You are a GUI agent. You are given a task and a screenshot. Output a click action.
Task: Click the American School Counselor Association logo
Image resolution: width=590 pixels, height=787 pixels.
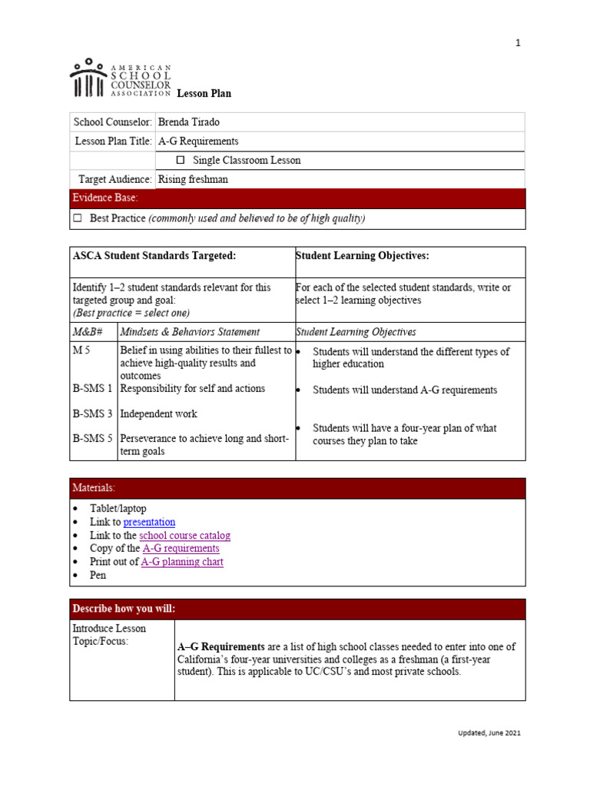120,78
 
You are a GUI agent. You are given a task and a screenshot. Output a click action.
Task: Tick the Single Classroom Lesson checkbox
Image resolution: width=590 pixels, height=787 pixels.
181,161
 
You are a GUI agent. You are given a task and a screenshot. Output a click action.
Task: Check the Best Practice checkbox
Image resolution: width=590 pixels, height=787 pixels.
77,218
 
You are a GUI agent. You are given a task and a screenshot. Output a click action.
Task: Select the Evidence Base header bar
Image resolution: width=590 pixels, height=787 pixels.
297,198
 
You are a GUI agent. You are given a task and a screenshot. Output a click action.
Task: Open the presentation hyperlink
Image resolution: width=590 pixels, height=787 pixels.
149,522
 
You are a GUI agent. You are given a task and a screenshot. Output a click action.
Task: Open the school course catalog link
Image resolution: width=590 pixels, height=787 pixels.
184,535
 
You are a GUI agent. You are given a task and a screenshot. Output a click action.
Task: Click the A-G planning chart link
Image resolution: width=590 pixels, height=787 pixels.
182,562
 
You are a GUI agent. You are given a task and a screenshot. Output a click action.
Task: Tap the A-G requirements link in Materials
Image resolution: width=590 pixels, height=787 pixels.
181,549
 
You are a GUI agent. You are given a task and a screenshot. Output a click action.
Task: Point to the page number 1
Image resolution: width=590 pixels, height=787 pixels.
518,43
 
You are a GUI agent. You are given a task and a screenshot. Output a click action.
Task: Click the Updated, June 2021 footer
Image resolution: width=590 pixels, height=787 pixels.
485,733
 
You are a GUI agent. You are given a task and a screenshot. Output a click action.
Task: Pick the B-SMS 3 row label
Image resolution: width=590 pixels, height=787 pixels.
92,413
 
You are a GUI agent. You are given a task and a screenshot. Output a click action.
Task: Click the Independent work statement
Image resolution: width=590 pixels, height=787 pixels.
158,413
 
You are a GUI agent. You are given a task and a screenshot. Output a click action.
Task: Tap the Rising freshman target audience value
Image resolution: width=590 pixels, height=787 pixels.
193,180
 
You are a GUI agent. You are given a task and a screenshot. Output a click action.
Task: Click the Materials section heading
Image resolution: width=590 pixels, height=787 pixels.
94,489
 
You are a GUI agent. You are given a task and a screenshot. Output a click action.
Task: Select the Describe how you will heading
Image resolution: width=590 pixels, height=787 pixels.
124,609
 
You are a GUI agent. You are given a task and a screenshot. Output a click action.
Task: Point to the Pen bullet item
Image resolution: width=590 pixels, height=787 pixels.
98,575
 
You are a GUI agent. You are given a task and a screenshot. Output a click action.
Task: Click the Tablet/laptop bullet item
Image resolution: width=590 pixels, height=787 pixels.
118,509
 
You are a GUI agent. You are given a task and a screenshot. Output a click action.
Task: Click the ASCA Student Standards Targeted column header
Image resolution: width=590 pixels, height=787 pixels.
154,255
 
